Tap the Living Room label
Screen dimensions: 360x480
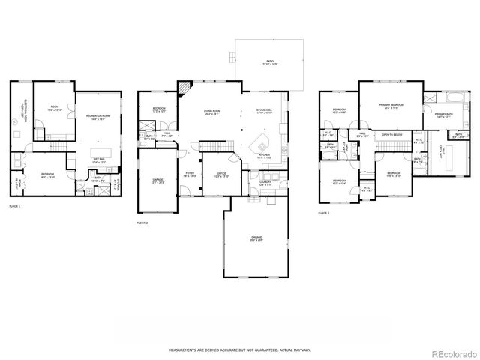click(212, 112)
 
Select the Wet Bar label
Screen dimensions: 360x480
click(98, 159)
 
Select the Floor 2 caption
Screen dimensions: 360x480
click(142, 223)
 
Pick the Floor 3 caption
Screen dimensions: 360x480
click(324, 213)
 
